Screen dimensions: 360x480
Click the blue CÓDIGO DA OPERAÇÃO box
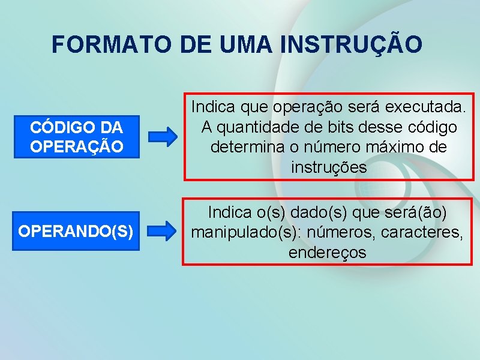[76, 137]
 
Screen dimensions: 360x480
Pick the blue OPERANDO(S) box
[76, 230]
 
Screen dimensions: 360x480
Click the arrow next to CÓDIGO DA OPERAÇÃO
[163, 137]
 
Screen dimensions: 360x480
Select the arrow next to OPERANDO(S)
[163, 230]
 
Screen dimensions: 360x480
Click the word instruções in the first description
[328, 168]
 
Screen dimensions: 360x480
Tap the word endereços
[327, 253]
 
